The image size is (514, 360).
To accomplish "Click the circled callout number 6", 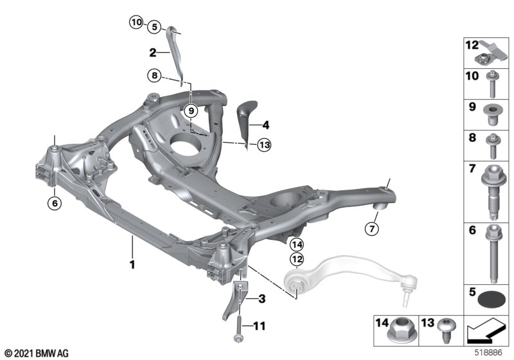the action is pyautogui.click(x=55, y=203).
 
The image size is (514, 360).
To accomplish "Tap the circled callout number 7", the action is pyautogui.click(x=372, y=228).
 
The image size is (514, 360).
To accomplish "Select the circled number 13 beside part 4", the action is pyautogui.click(x=264, y=145).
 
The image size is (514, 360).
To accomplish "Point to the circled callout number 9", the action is pyautogui.click(x=191, y=111).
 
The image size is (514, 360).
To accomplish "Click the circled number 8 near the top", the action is pyautogui.click(x=154, y=76).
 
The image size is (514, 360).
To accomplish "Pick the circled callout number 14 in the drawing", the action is pyautogui.click(x=297, y=244).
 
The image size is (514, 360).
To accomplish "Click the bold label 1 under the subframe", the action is pyautogui.click(x=132, y=265).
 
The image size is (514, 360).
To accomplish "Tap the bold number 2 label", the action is pyautogui.click(x=153, y=53).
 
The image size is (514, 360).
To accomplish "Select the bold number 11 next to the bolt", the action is pyautogui.click(x=260, y=326).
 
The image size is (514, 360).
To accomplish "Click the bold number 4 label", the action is pyautogui.click(x=266, y=125).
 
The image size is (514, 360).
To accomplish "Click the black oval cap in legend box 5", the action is pyautogui.click(x=492, y=300).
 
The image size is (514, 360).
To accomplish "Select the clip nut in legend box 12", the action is pyautogui.click(x=491, y=53).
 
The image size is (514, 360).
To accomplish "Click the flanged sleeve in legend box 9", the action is pyautogui.click(x=492, y=115).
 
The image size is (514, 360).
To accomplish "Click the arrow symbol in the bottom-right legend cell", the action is pyautogui.click(x=486, y=330).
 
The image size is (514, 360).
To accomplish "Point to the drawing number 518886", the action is pyautogui.click(x=488, y=353).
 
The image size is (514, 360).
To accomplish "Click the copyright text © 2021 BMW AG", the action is pyautogui.click(x=37, y=354).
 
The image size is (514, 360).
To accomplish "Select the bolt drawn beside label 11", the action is pyautogui.click(x=238, y=328).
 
